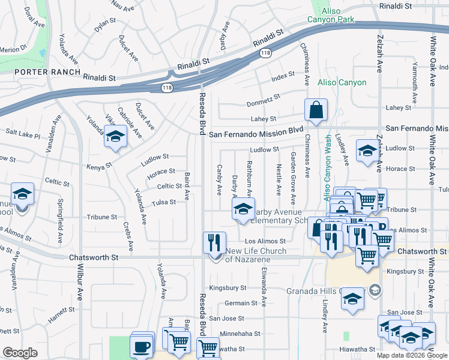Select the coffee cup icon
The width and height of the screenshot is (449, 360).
(142, 346)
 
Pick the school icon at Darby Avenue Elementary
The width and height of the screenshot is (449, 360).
(243, 209)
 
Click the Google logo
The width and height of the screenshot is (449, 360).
(20, 353)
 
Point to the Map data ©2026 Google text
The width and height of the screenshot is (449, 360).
(412, 355)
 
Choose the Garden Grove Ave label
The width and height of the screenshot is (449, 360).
(294, 178)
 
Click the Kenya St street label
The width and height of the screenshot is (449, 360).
(100, 167)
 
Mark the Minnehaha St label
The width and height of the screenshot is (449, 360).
(240, 333)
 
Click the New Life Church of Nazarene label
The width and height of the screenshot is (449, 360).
(256, 255)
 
